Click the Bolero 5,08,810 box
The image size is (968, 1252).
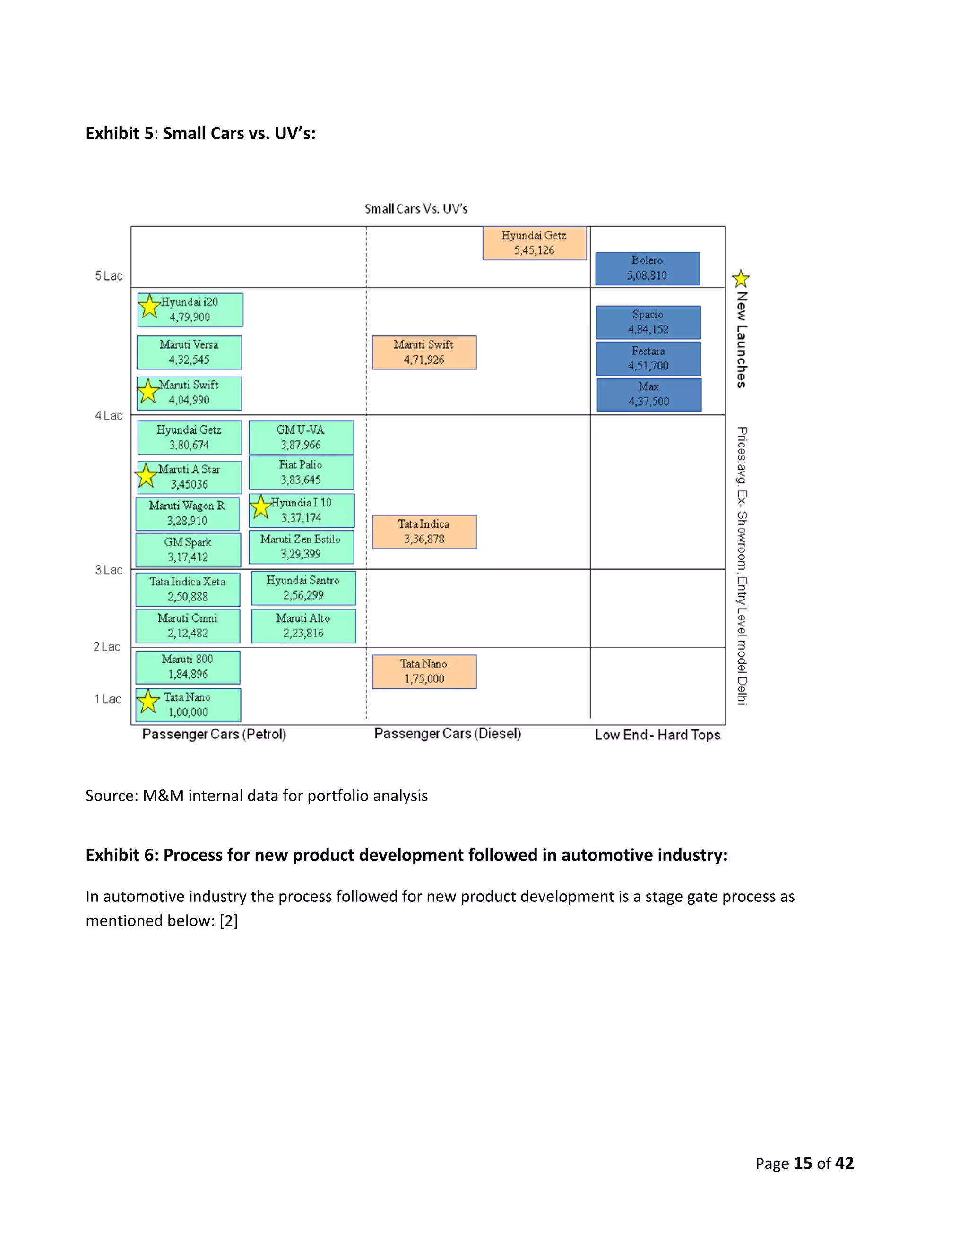648,268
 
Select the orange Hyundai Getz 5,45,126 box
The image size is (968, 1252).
534,243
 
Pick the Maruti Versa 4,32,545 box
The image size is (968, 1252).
189,352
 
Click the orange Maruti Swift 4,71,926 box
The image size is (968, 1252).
424,352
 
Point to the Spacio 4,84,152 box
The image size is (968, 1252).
648,322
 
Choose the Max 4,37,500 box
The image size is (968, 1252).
648,394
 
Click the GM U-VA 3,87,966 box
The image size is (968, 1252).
301,437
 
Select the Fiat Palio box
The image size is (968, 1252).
301,472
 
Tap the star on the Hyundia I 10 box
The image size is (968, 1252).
261,507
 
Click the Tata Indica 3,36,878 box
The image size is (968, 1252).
424,532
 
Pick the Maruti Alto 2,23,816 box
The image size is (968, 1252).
303,626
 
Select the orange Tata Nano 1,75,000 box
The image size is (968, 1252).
424,671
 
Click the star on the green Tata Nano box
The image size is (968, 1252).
148,701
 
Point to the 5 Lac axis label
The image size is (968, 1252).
108,276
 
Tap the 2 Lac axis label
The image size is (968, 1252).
107,647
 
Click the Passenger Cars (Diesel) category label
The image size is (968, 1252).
447,734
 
